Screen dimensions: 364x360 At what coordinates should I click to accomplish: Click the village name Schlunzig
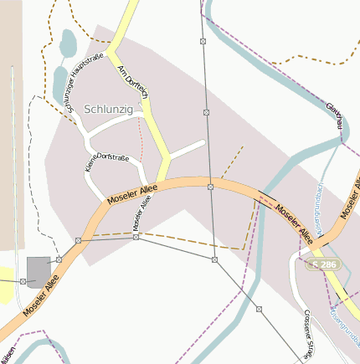pos(109,109)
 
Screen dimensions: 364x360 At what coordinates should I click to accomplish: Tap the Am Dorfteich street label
pos(133,80)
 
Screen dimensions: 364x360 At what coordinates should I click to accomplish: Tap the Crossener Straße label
pos(310,331)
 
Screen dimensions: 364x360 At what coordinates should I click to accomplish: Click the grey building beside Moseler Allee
pos(39,270)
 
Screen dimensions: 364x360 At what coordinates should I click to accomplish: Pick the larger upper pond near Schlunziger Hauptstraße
pos(68,42)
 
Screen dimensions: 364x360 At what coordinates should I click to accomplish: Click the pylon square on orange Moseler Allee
pos(210,187)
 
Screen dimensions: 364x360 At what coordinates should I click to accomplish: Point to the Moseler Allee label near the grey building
pos(42,297)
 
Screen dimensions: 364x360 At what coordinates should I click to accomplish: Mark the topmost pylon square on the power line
pos(203,40)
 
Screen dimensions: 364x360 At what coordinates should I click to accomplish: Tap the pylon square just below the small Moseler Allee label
pos(136,238)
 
